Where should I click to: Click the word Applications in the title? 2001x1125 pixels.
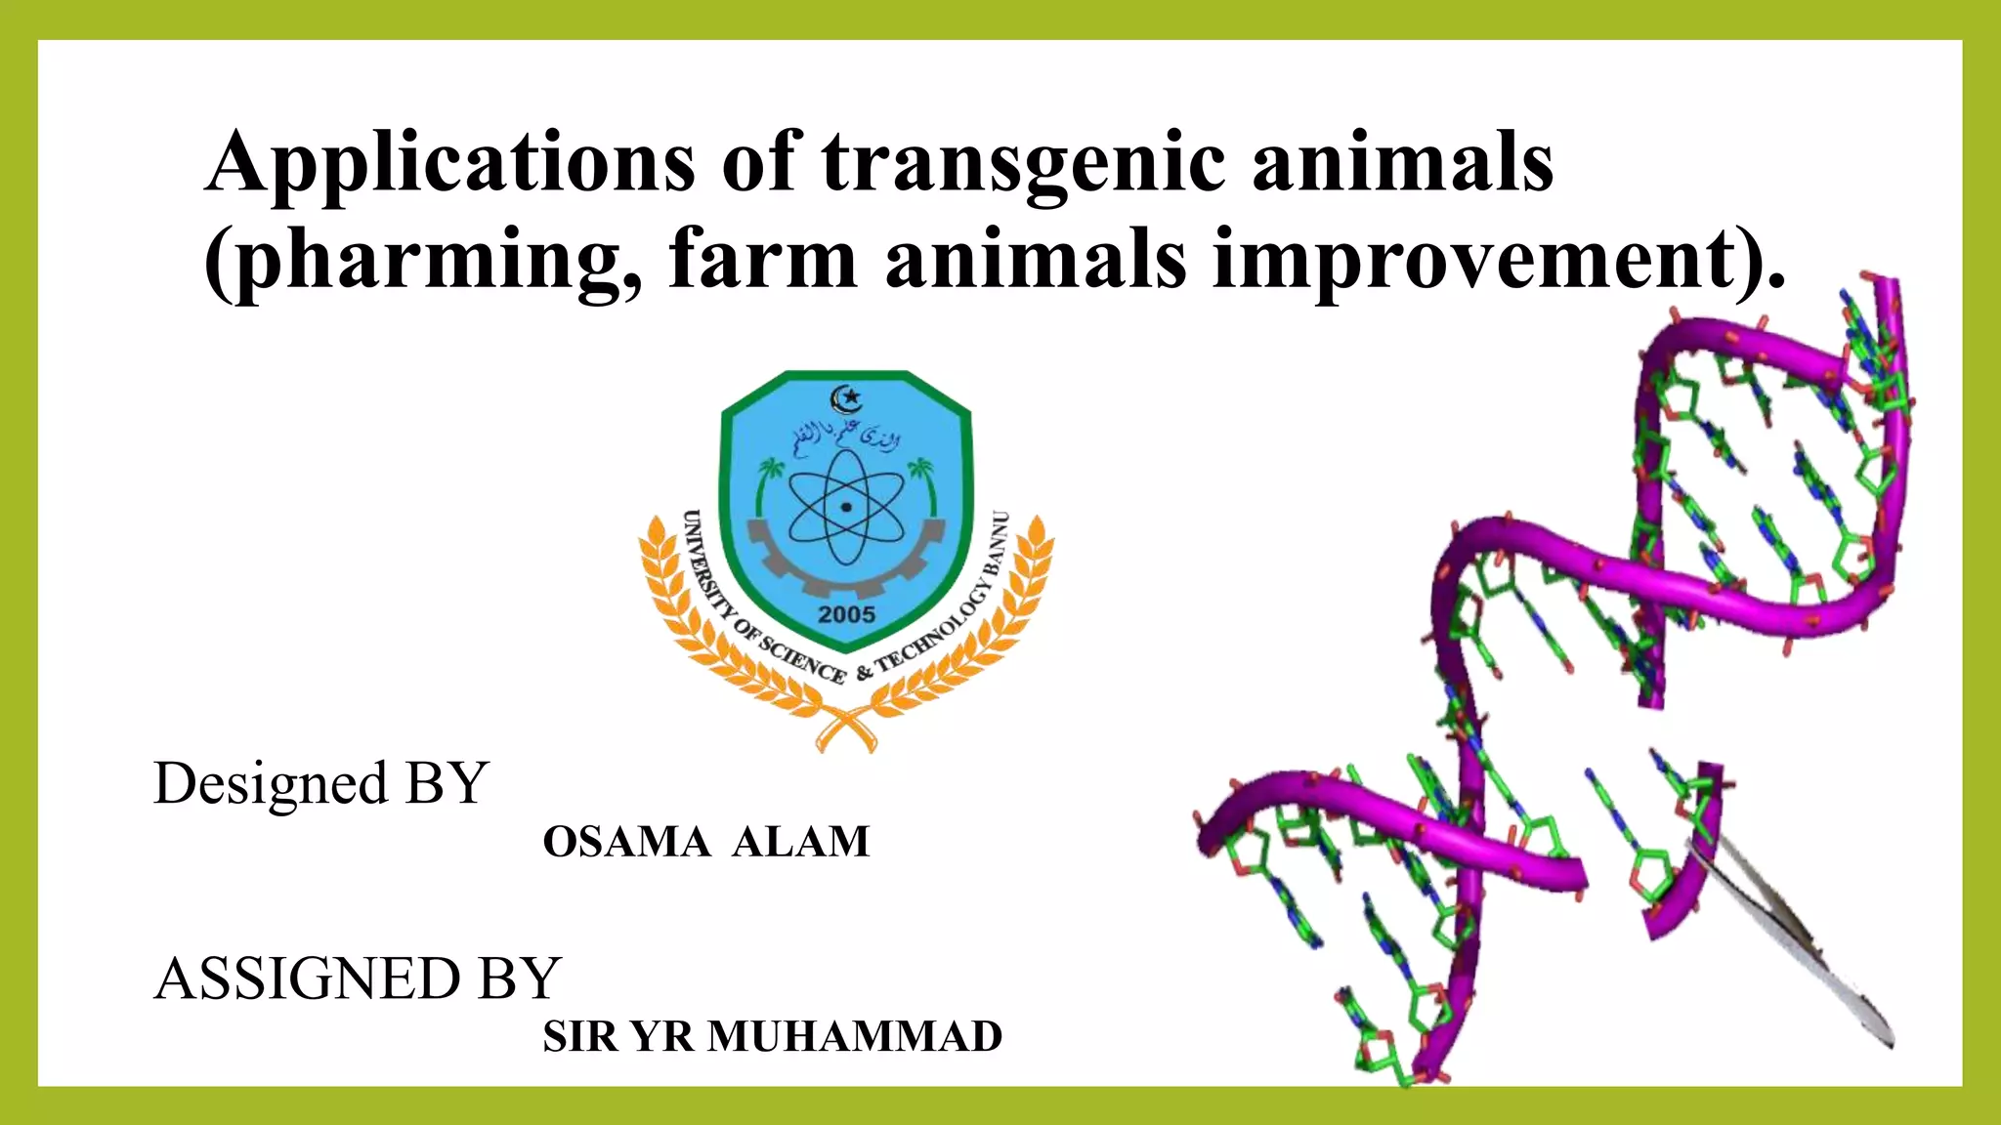click(450, 163)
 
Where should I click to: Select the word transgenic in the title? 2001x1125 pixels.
click(1023, 163)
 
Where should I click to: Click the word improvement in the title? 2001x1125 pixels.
click(1474, 261)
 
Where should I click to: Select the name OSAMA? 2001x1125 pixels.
click(626, 842)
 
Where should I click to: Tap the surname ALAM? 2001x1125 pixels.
click(800, 842)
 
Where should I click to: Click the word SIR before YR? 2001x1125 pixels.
click(578, 1037)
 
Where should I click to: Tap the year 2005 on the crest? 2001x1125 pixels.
click(846, 615)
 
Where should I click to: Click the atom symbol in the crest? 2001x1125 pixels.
click(846, 508)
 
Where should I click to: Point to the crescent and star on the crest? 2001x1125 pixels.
click(846, 397)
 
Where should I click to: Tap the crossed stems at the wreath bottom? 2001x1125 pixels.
click(846, 729)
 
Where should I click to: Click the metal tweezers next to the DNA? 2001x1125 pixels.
click(1798, 947)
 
